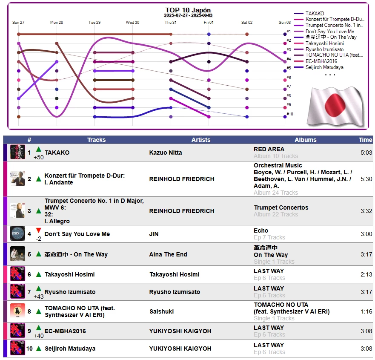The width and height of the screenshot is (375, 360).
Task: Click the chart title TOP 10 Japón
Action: pyautogui.click(x=188, y=10)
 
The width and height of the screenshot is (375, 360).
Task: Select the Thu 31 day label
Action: pyautogui.click(x=171, y=22)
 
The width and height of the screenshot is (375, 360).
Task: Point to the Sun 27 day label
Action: pyautogui.click(x=18, y=22)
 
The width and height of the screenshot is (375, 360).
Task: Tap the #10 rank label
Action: pyautogui.click(x=289, y=114)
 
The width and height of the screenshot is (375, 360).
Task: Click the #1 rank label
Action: pyautogui.click(x=289, y=32)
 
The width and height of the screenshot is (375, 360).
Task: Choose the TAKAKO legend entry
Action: pyautogui.click(x=315, y=14)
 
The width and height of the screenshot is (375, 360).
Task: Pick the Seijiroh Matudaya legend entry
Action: pyautogui.click(x=324, y=67)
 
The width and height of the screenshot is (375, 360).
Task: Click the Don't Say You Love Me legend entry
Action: pyautogui.click(x=329, y=32)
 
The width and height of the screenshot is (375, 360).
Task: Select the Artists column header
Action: pyautogui.click(x=201, y=140)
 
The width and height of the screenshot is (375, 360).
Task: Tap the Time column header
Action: pyautogui.click(x=365, y=140)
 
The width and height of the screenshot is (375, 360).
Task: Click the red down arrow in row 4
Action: pyautogui.click(x=38, y=230)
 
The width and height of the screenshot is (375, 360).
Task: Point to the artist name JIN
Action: pyautogui.click(x=154, y=234)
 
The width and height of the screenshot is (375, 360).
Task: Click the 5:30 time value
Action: pyautogui.click(x=366, y=179)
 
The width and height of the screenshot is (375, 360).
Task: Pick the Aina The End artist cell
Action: pyautogui.click(x=168, y=254)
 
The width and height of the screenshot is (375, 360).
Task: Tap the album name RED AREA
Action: pyautogui.click(x=269, y=149)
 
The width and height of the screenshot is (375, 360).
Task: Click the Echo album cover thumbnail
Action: pyautogui.click(x=17, y=233)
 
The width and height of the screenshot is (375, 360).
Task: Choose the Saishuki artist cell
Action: pyautogui.click(x=161, y=311)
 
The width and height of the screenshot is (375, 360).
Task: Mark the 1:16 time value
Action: pyautogui.click(x=366, y=311)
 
